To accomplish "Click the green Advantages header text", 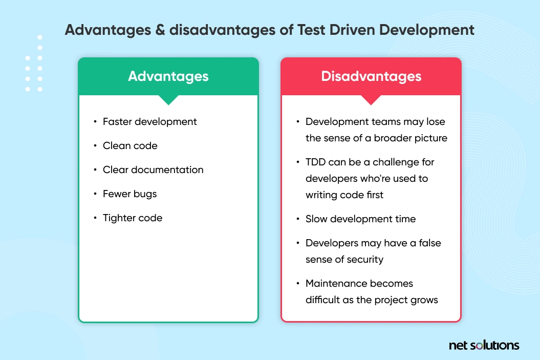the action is point(168,76).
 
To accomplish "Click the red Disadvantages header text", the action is point(371,76).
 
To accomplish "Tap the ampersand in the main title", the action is point(160,30).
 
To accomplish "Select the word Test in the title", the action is point(311,30).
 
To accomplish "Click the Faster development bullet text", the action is point(149,121).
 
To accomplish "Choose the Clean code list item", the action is point(130,146).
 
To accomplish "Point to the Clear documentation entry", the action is point(153,170).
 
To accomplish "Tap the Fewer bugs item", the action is point(129,194).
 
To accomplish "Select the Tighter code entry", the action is point(132,218).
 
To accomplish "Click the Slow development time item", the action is point(360,219).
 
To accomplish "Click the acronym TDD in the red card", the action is point(315,162).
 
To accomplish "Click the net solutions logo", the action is point(484,345).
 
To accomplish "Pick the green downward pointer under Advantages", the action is point(168,100).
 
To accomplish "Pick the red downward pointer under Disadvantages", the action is point(371,100).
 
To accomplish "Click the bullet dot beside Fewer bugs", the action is point(95,194).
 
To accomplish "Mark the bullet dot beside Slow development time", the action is point(298,219).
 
